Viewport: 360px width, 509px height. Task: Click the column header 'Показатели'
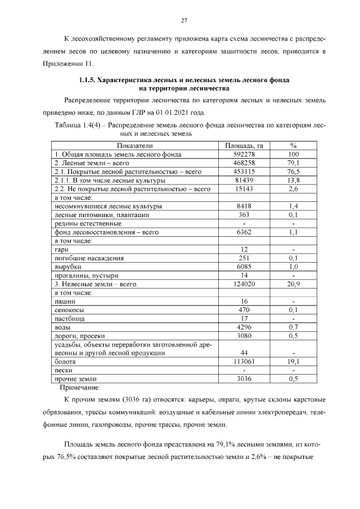point(134,146)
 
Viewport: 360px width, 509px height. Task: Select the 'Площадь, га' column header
point(244,146)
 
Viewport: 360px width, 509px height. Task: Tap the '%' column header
point(293,146)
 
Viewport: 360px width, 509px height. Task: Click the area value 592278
point(244,154)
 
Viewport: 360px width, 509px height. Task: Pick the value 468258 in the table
point(244,163)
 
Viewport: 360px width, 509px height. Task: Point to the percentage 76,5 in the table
point(293,171)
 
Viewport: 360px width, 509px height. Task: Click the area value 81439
point(244,180)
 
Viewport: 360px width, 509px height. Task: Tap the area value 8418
point(244,206)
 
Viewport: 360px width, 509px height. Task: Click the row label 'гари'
point(61,249)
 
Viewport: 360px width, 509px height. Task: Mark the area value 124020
point(244,284)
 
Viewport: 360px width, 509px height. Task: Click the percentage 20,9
point(293,284)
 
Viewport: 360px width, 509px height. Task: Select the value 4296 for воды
point(244,327)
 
